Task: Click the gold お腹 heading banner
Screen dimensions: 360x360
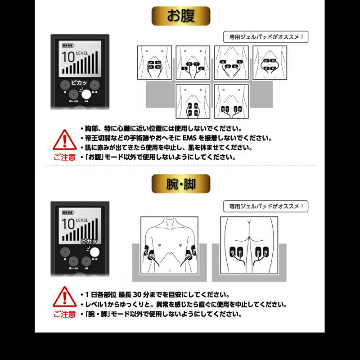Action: point(180,16)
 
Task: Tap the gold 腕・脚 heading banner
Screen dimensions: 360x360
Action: point(180,184)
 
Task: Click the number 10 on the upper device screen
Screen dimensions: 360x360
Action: point(68,57)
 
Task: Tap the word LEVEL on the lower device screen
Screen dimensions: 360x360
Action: point(82,220)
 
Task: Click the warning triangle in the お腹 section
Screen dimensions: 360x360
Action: point(64,140)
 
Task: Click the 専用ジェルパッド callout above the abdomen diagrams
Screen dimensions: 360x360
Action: point(266,37)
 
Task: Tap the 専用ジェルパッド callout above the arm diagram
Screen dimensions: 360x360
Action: point(266,207)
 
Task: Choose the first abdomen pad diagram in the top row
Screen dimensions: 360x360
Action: point(154,63)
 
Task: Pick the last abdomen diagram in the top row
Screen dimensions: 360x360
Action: point(270,63)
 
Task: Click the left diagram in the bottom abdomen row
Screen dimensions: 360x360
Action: point(193,101)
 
